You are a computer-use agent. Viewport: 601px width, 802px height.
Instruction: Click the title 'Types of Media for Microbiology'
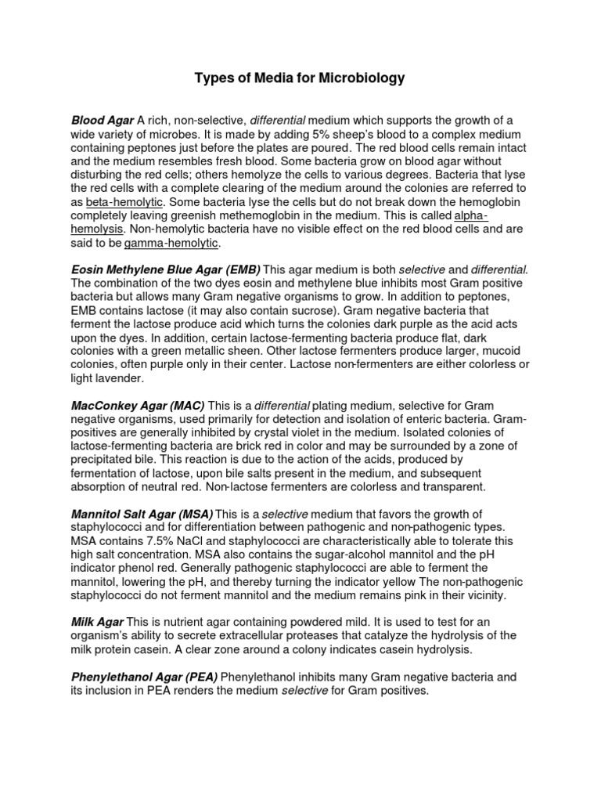300,78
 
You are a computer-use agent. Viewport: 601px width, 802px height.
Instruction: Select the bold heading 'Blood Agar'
103,121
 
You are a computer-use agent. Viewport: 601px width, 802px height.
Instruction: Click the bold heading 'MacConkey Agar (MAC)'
138,406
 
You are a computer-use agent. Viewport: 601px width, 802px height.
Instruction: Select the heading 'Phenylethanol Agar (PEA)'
145,676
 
